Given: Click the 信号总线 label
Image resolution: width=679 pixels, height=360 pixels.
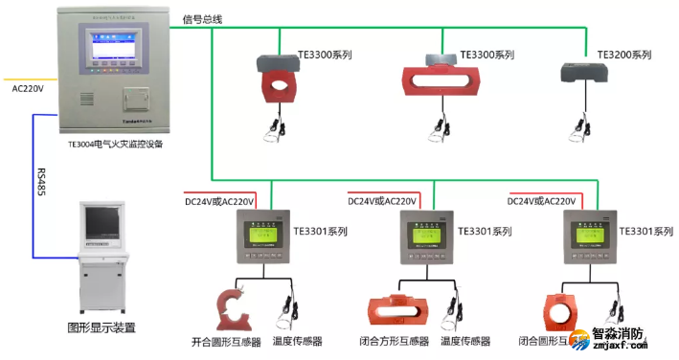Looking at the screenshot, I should (x=202, y=18).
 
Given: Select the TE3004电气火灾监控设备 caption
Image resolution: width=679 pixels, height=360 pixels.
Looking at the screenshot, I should (x=116, y=145).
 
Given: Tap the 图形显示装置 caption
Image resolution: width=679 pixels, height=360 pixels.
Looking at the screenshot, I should (x=102, y=327).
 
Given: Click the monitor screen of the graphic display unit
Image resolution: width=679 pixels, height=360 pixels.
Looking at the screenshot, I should (x=101, y=222).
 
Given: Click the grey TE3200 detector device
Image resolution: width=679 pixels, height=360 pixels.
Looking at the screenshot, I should (x=583, y=73).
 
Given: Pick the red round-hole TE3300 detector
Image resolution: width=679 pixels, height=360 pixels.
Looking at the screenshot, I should (x=280, y=79).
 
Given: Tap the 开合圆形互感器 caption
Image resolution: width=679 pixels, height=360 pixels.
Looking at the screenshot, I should (x=226, y=341).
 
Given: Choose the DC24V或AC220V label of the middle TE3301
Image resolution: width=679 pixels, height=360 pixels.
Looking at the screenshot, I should (x=381, y=202).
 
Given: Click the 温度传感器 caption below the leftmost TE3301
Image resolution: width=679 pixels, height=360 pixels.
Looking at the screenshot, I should (x=297, y=341).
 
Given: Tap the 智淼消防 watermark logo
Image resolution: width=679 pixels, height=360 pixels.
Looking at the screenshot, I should (x=622, y=339).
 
